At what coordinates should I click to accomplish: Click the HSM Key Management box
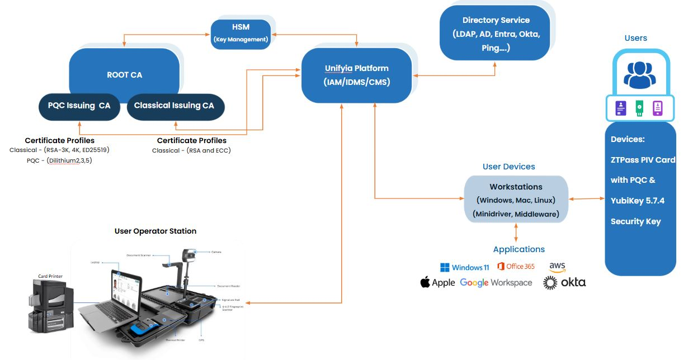241,33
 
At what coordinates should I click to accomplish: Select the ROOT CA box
124,74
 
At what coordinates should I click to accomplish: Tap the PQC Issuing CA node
79,106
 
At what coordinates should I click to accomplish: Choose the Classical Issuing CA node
174,106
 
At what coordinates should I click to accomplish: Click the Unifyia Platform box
356,75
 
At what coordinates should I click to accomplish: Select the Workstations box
515,200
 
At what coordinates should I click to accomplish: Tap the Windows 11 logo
464,267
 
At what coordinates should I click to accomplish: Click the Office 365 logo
515,267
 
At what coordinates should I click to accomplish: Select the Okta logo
564,283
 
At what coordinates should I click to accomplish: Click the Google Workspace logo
496,283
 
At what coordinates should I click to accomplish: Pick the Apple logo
437,282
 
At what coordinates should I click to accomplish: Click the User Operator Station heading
155,231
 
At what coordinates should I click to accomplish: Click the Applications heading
518,249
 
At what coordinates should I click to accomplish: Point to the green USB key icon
639,108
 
